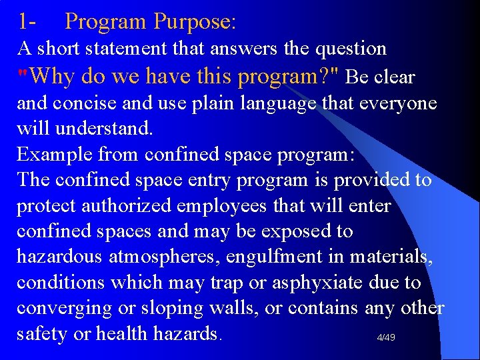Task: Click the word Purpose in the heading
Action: tap(194, 22)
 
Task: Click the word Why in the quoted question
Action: tap(53, 77)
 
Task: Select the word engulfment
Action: tap(287, 257)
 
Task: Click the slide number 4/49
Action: tap(386, 338)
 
